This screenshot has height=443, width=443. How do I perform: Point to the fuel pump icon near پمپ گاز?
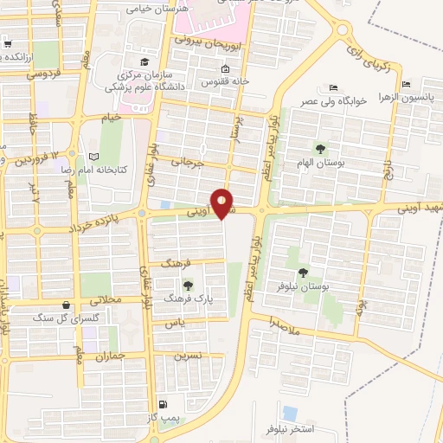click(x=163, y=404)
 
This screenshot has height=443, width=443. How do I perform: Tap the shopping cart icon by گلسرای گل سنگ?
click(x=67, y=305)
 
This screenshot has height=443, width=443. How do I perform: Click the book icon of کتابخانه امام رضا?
click(x=93, y=155)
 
